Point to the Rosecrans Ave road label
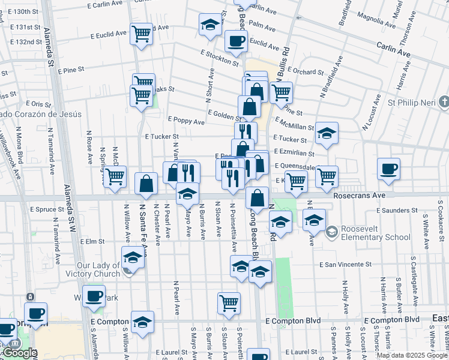click(358, 196)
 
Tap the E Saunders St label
click(397, 211)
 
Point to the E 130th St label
click(28, 11)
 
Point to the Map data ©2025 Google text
click(412, 355)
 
